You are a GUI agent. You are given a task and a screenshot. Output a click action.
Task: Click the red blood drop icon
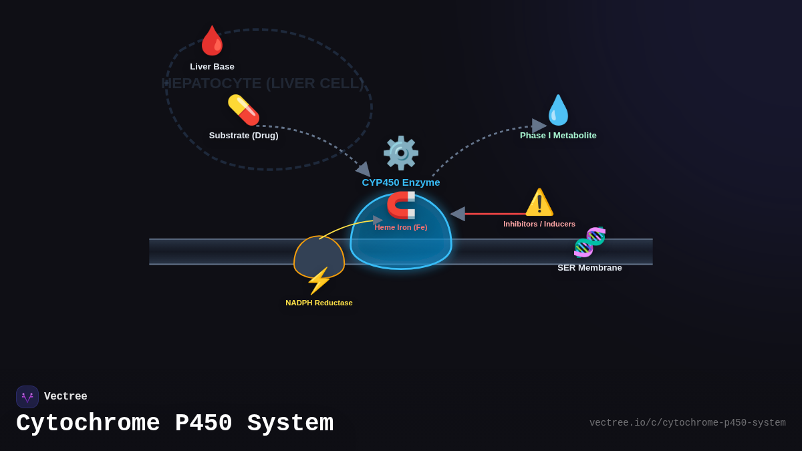[213, 41]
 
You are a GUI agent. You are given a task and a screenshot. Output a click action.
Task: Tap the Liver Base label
[212, 67]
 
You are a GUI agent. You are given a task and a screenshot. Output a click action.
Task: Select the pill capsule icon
[243, 110]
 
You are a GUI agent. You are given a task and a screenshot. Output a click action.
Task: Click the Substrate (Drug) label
[243, 136]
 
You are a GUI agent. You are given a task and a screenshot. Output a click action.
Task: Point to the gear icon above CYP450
[401, 153]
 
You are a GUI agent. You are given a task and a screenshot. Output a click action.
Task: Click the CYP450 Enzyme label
[401, 182]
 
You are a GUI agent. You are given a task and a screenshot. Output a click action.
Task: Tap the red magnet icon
[401, 205]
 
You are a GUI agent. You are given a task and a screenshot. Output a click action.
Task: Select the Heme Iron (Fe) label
[401, 227]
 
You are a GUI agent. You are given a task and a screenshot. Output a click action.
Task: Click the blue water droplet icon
[558, 110]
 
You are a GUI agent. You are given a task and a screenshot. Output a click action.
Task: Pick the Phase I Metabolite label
[558, 136]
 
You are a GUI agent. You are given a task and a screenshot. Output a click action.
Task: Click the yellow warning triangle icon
[539, 202]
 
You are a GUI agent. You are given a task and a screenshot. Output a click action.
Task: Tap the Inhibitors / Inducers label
[539, 224]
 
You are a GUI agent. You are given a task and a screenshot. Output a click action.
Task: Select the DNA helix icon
[589, 242]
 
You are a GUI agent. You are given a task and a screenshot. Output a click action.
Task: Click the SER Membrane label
[589, 268]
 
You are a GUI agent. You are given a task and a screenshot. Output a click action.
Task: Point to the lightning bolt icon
[319, 281]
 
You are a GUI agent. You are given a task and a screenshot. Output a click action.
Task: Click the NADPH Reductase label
[319, 303]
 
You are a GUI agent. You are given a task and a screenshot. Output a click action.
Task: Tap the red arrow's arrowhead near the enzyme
[458, 214]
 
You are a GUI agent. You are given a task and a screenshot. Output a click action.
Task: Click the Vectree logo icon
[27, 397]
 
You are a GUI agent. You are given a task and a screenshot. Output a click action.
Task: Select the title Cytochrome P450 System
[174, 424]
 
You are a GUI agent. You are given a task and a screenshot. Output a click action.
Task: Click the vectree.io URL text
[687, 423]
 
